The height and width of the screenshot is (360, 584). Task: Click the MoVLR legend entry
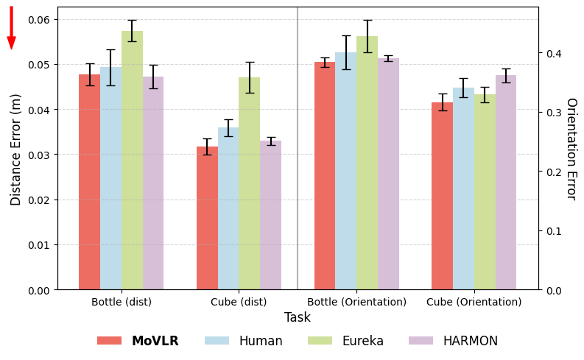139,341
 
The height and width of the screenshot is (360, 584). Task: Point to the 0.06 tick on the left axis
40,19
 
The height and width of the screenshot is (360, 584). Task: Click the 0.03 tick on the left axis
40,155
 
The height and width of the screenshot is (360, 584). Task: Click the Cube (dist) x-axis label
239,302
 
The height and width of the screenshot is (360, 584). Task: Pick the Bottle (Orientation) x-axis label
356,302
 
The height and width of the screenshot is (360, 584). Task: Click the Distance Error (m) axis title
16,149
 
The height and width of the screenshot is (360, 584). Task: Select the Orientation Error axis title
570,149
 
